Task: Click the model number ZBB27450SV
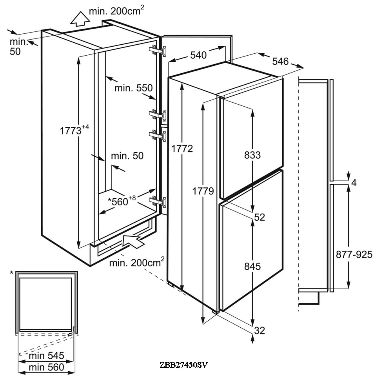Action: pos(183,365)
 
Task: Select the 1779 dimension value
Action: pos(203,191)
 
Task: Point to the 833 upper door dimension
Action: pos(252,155)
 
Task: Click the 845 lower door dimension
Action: pos(252,267)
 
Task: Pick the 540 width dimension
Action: pos(198,55)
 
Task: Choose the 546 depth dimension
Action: pos(280,61)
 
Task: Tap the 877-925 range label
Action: pos(354,254)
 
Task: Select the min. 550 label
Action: pos(133,88)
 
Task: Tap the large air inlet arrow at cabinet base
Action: pos(133,240)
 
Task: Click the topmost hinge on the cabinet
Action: pos(158,51)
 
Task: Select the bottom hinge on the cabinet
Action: pos(158,201)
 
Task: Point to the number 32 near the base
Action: pos(260,330)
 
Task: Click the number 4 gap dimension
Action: pos(354,183)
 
